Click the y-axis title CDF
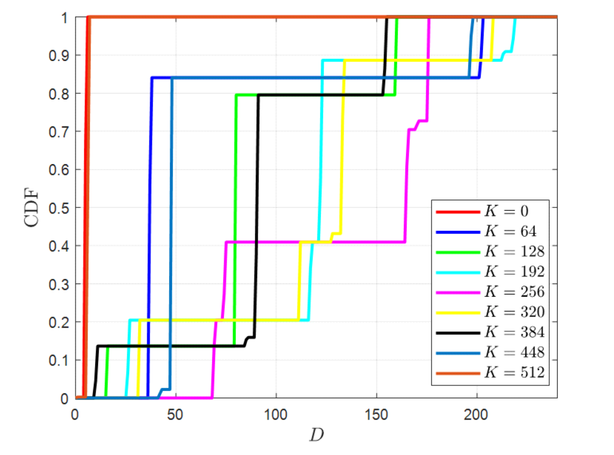pos(32,208)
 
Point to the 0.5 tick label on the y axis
pos(59,208)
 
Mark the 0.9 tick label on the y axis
pos(59,56)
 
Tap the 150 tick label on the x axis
pos(376,415)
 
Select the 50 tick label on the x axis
pos(175,415)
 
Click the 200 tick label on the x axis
pos(476,415)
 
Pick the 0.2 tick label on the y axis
pos(59,322)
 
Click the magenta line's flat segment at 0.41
pos(352,242)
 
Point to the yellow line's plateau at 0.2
pos(220,320)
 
